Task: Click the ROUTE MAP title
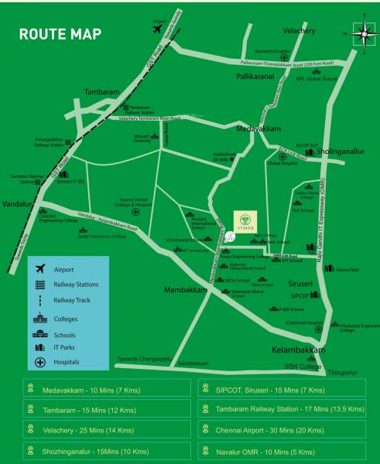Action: (x=59, y=35)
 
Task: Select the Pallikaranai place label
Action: (x=258, y=78)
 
